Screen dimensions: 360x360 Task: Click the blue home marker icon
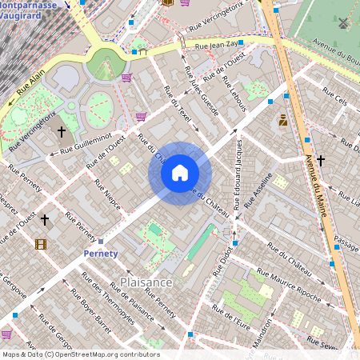click(x=180, y=173)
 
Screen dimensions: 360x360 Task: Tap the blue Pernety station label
click(x=101, y=254)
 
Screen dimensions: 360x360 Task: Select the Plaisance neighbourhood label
click(x=146, y=282)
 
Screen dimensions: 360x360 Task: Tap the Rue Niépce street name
click(x=108, y=194)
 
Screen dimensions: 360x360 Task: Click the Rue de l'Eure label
click(x=232, y=321)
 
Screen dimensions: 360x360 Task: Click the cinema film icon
click(x=41, y=243)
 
